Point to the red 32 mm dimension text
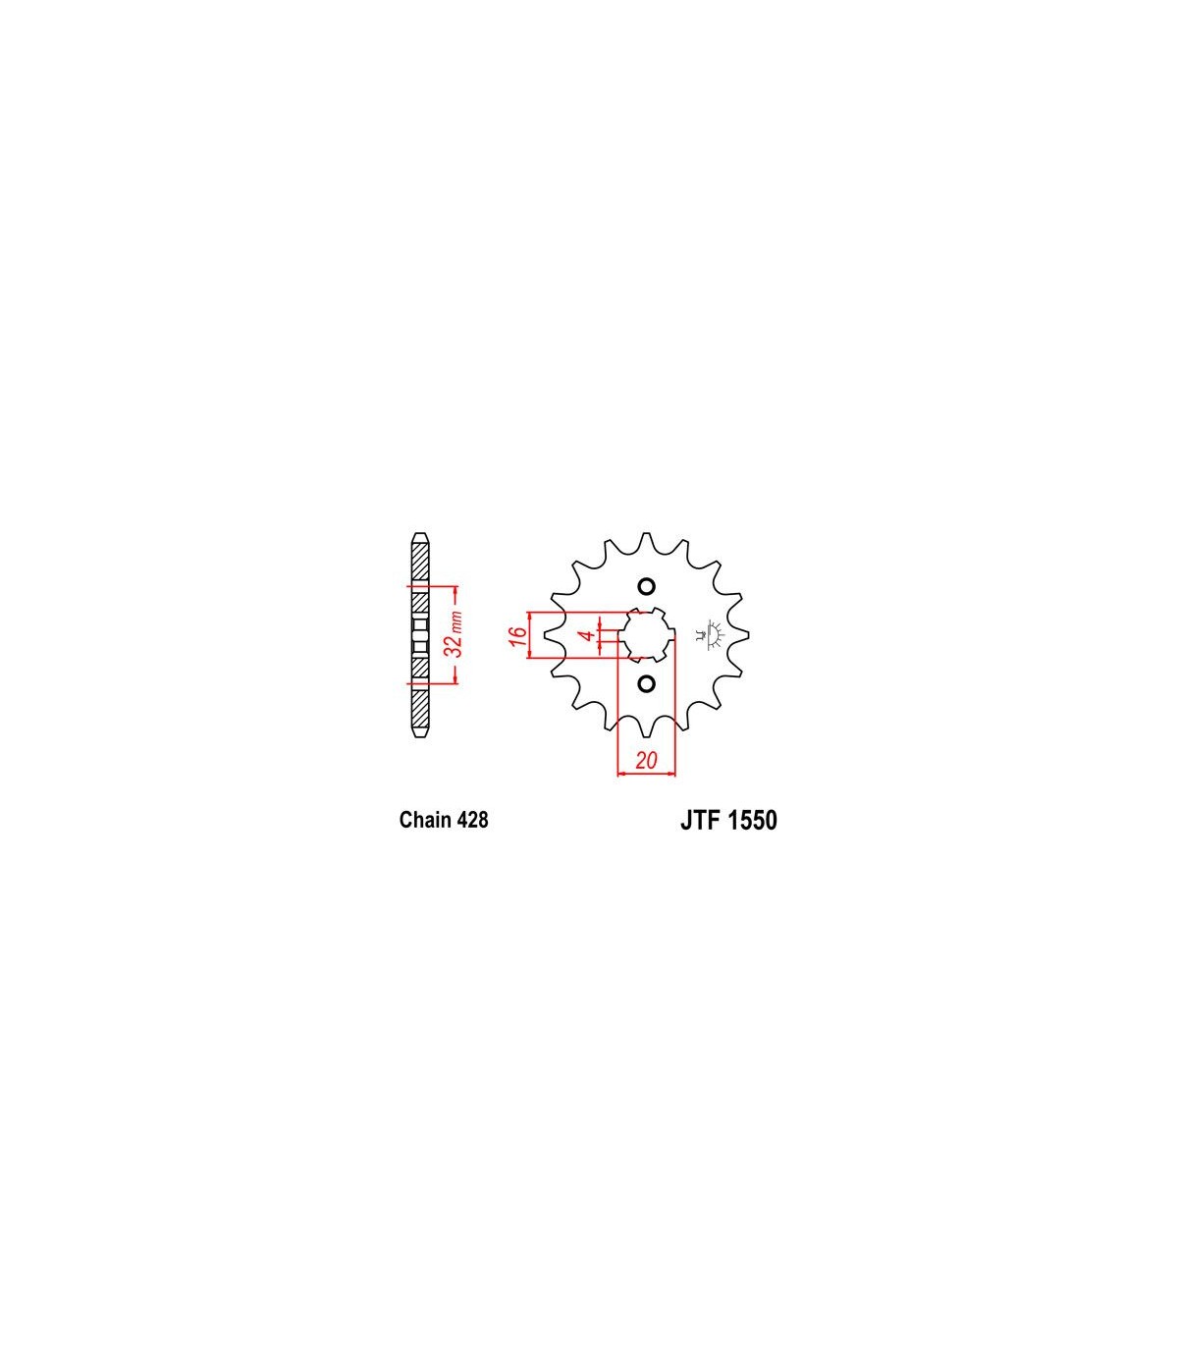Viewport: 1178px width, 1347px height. pyautogui.click(x=455, y=634)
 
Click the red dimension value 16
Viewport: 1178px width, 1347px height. pyautogui.click(x=518, y=635)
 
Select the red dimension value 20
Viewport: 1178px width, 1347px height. pyautogui.click(x=646, y=761)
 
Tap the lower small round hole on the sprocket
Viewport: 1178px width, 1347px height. pyautogui.click(x=647, y=684)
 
